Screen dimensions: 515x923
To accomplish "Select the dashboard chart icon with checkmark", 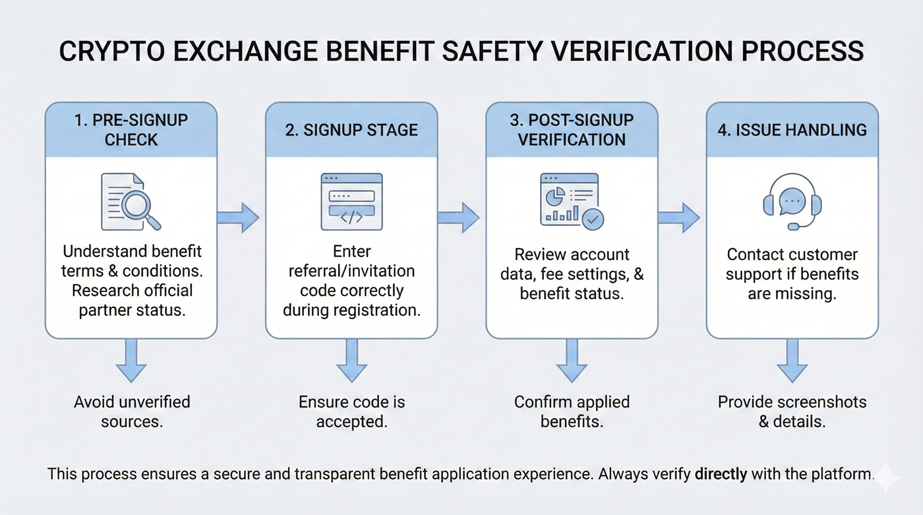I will [571, 201].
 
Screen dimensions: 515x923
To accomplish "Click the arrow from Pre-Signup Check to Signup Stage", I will [238, 218].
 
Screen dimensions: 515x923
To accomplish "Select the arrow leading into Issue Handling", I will [678, 218].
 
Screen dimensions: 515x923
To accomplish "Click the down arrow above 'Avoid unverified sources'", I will [131, 361].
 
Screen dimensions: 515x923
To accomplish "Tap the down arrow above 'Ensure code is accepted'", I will [351, 361].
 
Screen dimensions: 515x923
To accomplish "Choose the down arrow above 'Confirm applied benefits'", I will [572, 361].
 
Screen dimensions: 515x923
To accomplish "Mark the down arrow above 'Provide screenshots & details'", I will [792, 361].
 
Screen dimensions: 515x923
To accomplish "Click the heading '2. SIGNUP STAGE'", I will [351, 130].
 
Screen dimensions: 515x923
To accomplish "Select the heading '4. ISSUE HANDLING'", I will [792, 130].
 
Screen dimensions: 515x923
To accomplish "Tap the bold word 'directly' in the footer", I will [721, 473].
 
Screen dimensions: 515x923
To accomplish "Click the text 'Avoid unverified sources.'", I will [131, 411].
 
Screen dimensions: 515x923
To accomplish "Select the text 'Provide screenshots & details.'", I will [792, 411].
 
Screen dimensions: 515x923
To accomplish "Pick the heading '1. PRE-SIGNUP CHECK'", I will [131, 130].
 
